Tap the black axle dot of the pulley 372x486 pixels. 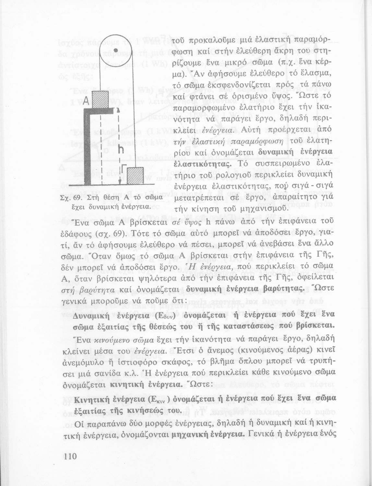pos(115,45)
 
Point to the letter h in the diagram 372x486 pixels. pos(121,149)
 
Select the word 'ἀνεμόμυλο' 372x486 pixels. pos(84,361)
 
